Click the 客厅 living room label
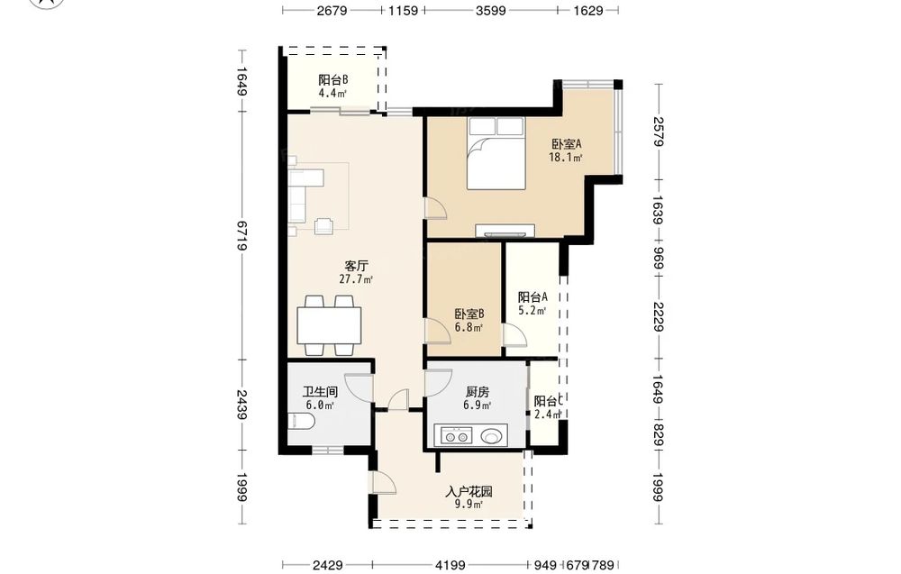point(356,266)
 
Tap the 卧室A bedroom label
point(567,144)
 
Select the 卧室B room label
point(469,314)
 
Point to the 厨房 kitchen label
point(478,393)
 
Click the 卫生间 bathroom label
point(320,393)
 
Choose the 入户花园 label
point(469,492)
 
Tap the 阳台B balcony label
point(333,80)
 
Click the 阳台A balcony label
point(532,297)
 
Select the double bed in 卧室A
point(496,153)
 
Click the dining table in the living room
point(329,325)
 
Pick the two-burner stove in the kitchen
point(456,436)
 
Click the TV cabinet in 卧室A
point(508,231)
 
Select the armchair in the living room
point(324,226)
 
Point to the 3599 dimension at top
point(491,10)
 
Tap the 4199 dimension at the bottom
point(450,565)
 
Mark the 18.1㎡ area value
point(566,158)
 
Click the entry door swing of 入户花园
point(384,483)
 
